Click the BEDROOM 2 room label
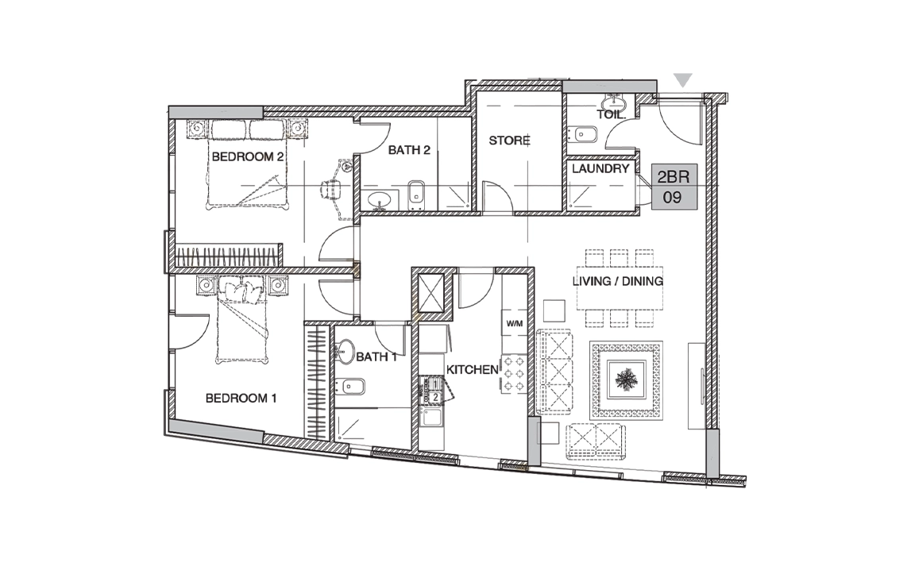tap(248, 156)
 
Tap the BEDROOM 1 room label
tap(241, 399)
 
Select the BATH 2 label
tap(409, 150)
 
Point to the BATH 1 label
tap(376, 357)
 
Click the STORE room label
tap(509, 141)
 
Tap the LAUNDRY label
tap(600, 168)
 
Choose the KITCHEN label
tap(473, 370)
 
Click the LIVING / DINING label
tap(618, 281)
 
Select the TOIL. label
tap(611, 115)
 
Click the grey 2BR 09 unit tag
tap(674, 186)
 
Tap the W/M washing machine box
tap(514, 323)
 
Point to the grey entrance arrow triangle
tap(683, 80)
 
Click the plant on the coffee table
tap(627, 380)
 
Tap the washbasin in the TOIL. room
tap(615, 103)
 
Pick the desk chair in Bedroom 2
tap(331, 190)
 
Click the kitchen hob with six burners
tap(514, 374)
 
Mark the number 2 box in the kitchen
tap(434, 397)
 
